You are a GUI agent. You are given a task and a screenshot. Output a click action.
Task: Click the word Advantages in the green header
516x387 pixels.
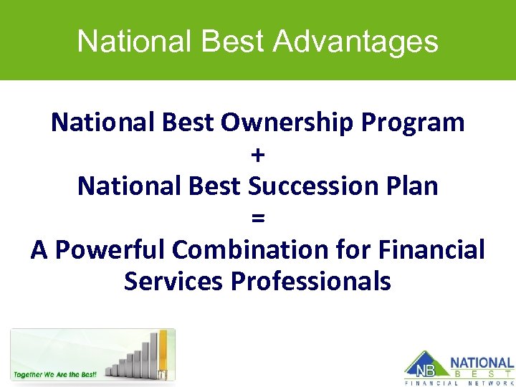pos(355,41)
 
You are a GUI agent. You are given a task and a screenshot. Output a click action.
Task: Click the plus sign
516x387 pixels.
pos(258,155)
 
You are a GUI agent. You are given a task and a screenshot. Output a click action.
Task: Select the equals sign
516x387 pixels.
pos(258,218)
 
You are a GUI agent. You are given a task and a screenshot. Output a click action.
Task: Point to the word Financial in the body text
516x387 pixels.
pos(431,249)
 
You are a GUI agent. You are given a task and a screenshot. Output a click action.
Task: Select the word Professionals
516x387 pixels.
pos(311,281)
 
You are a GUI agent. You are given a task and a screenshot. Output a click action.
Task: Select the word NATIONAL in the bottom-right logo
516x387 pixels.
pos(482,363)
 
